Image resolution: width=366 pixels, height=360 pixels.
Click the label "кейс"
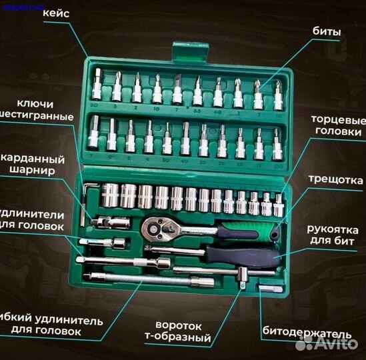tap(62, 14)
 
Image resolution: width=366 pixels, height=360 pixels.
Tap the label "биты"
tap(328, 31)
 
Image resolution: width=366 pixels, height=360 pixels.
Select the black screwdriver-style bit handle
tap(240, 254)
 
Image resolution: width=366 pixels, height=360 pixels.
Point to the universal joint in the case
tap(107, 221)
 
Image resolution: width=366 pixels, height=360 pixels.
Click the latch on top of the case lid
tap(181, 49)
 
